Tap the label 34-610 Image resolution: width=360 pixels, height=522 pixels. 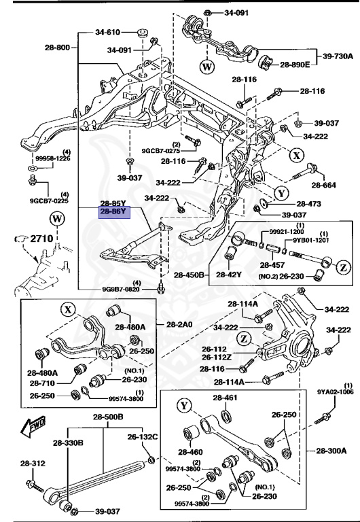[107, 32]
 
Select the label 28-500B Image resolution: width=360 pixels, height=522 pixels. [109, 417]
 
